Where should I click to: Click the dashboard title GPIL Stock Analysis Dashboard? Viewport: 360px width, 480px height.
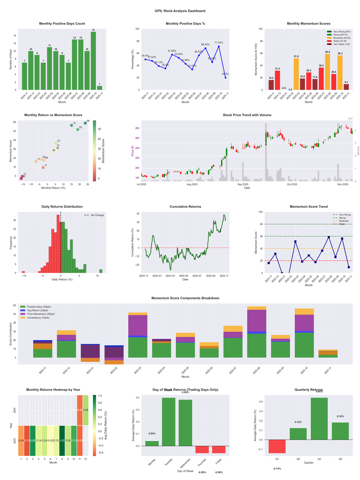[x=180, y=11]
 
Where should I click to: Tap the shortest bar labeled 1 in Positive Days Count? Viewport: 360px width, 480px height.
[x=99, y=87]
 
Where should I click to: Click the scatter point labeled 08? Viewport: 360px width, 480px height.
[x=85, y=123]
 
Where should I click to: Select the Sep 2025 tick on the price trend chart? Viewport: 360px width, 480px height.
[x=243, y=184]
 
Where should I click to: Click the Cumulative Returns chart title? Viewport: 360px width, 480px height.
[x=185, y=207]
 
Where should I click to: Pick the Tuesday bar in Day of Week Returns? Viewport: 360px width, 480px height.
[x=169, y=428]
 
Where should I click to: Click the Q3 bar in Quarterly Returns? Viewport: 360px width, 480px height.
[x=319, y=418]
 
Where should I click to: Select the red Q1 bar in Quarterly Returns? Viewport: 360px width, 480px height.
[x=277, y=446]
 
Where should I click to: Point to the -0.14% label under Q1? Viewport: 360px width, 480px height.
[x=277, y=469]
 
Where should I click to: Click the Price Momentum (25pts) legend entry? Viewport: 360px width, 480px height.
[x=42, y=314]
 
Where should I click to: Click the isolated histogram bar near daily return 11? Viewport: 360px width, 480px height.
[x=101, y=271]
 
